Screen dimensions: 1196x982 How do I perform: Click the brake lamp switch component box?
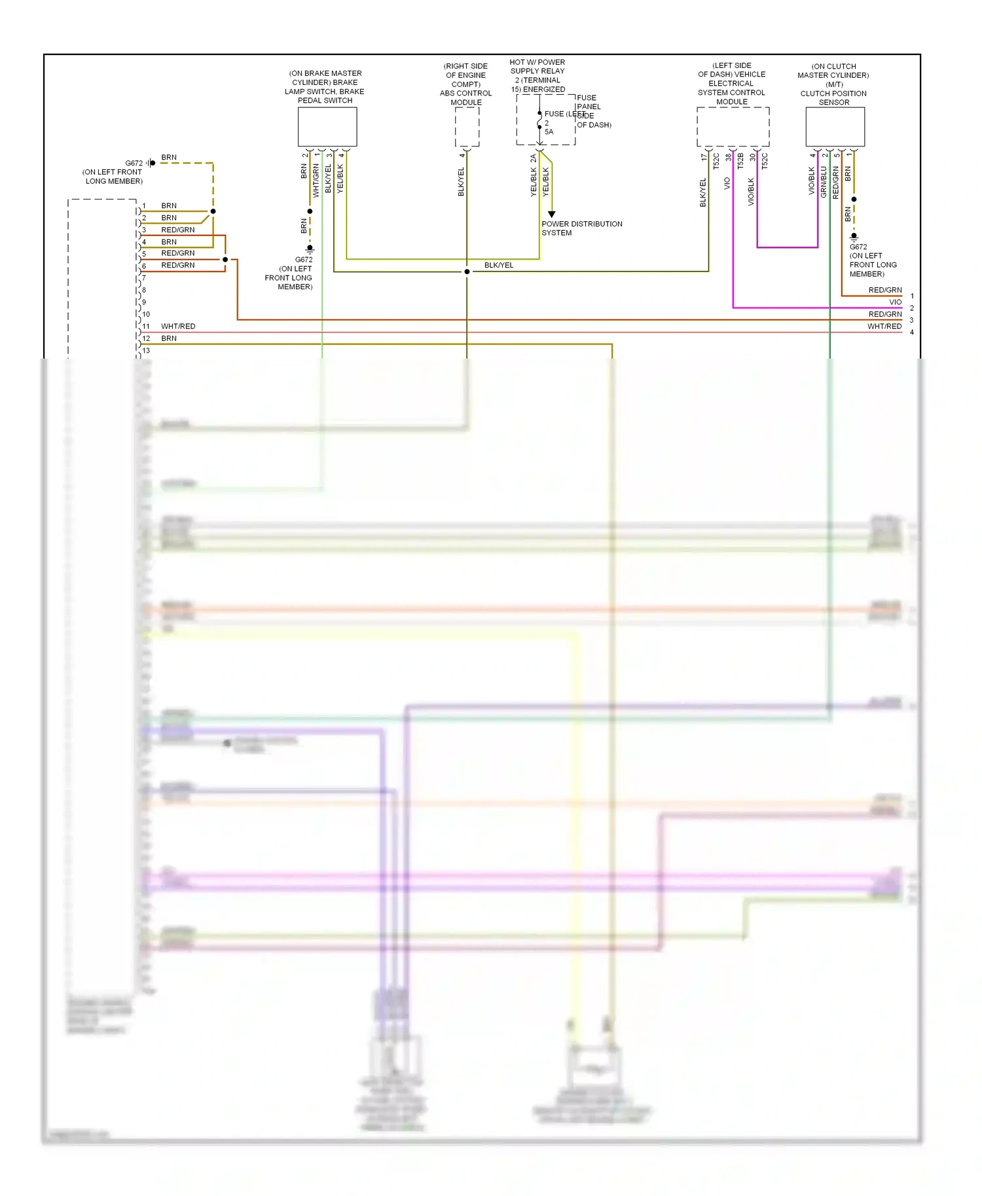click(x=327, y=127)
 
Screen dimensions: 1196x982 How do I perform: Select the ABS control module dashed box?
click(x=467, y=127)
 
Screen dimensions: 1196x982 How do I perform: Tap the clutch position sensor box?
click(x=835, y=127)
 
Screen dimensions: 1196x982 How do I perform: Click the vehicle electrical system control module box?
click(x=733, y=127)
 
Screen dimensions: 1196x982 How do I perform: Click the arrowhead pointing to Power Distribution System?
click(x=551, y=214)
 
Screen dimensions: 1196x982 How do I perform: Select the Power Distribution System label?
click(x=581, y=228)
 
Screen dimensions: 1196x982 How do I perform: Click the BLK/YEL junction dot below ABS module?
click(x=467, y=272)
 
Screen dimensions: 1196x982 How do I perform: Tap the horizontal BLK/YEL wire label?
click(x=499, y=265)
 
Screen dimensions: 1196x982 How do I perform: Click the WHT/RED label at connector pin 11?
click(x=178, y=326)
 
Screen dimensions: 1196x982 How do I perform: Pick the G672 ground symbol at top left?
click(x=151, y=163)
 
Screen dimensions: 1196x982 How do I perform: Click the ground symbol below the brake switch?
click(x=310, y=249)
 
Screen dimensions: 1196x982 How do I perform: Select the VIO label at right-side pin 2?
click(x=895, y=302)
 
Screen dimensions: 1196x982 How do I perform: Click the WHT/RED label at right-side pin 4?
click(x=884, y=326)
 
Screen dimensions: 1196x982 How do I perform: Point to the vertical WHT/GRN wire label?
click(x=316, y=181)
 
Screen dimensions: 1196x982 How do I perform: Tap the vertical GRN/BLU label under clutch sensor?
click(x=824, y=182)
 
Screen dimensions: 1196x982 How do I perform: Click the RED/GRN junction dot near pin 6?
click(x=225, y=260)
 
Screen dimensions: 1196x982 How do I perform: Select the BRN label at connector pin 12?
click(x=169, y=338)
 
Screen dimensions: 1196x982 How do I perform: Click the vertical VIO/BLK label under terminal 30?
click(x=751, y=192)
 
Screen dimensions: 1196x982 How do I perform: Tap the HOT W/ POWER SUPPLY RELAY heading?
click(x=537, y=76)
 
